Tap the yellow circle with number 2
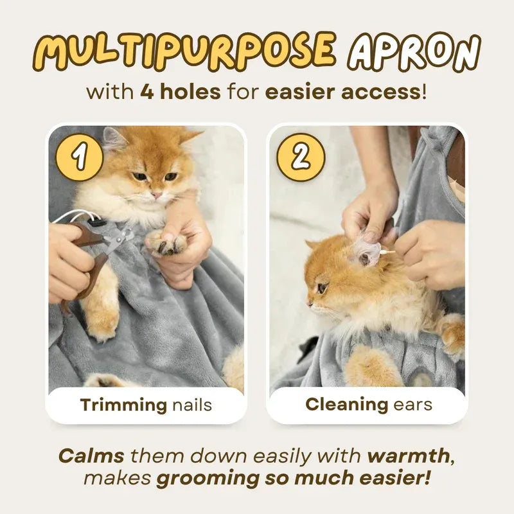click(301, 156)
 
